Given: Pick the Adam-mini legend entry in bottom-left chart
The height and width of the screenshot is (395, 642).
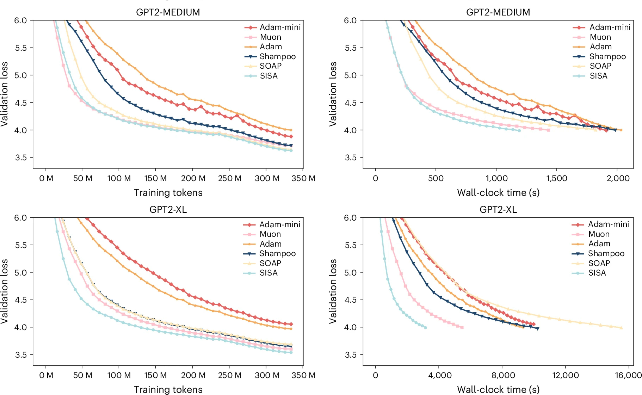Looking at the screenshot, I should point(280,224).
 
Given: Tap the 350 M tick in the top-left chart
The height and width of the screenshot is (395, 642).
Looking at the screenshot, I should point(303,178).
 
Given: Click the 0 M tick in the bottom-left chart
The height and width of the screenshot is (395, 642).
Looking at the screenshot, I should point(46,375).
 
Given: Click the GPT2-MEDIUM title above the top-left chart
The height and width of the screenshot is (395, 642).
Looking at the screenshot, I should point(168,12).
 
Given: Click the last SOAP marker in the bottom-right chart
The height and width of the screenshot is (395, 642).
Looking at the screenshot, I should point(621,328).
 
